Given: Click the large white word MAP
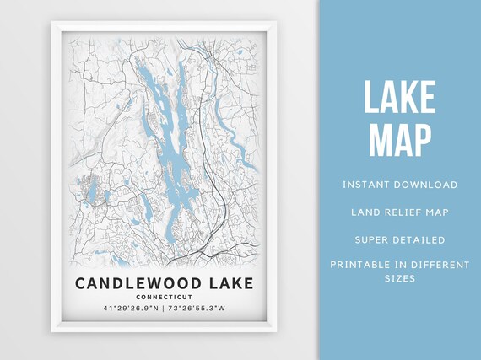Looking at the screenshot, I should tap(400, 141).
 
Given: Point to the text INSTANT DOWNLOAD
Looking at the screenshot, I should tap(400, 185).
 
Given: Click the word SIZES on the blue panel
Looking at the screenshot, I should tap(400, 278).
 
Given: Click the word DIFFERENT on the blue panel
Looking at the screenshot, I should tap(439, 265).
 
